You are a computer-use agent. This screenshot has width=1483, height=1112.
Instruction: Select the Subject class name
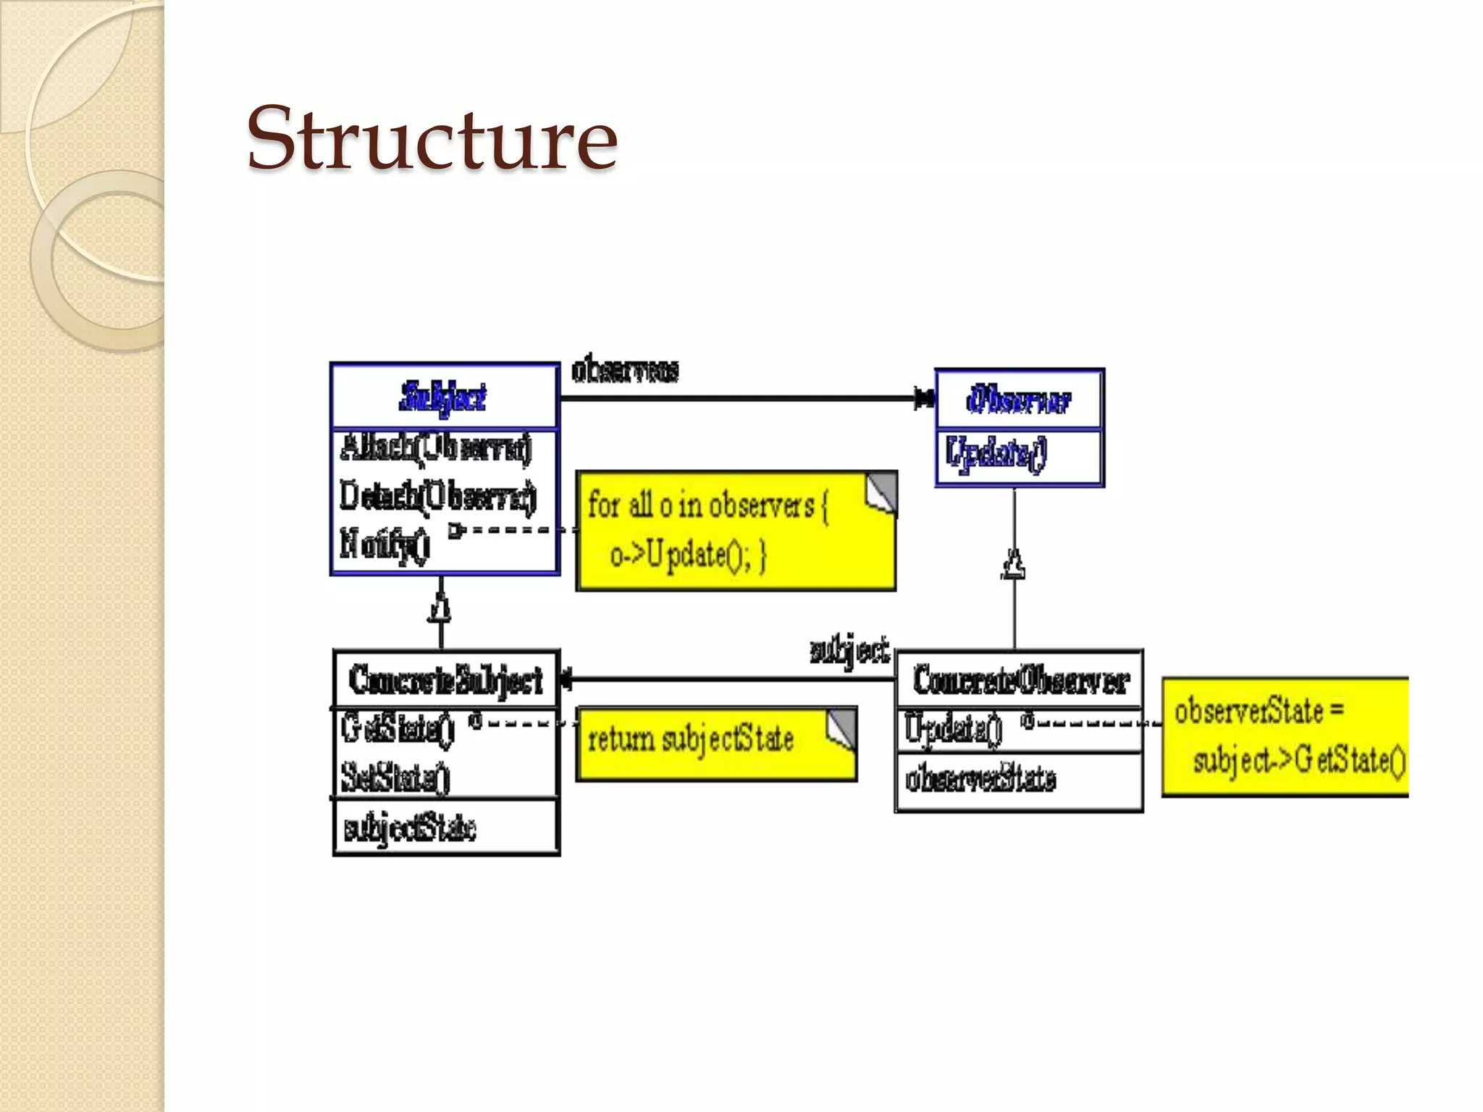coord(443,397)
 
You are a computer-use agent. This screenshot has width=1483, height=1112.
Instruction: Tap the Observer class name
coord(1018,400)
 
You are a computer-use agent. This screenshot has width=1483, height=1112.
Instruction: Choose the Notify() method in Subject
coord(385,543)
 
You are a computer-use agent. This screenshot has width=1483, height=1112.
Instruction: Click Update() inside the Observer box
coord(996,454)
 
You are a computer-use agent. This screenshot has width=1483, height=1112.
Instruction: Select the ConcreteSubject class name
coord(445,680)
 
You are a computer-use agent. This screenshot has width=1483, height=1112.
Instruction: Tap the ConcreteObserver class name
coord(1020,681)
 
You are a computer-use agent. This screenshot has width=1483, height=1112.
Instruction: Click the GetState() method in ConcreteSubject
coord(398,728)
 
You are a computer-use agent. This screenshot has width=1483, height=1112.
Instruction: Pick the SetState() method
coord(395,778)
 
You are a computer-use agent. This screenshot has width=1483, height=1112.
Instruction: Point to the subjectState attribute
coord(409,828)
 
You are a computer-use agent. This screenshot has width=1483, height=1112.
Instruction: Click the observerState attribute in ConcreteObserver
coord(980,779)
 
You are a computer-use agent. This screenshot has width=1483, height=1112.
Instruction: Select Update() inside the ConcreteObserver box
coord(953,728)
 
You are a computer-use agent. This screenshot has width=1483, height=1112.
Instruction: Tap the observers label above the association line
coord(625,370)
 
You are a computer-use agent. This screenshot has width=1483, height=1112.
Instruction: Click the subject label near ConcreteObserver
coord(849,650)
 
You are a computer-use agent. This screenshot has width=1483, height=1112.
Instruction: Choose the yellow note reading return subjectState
coord(716,743)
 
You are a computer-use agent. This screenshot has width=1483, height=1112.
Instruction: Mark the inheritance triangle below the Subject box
coord(440,607)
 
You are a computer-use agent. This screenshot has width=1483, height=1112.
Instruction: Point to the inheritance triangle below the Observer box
coord(1014,565)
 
